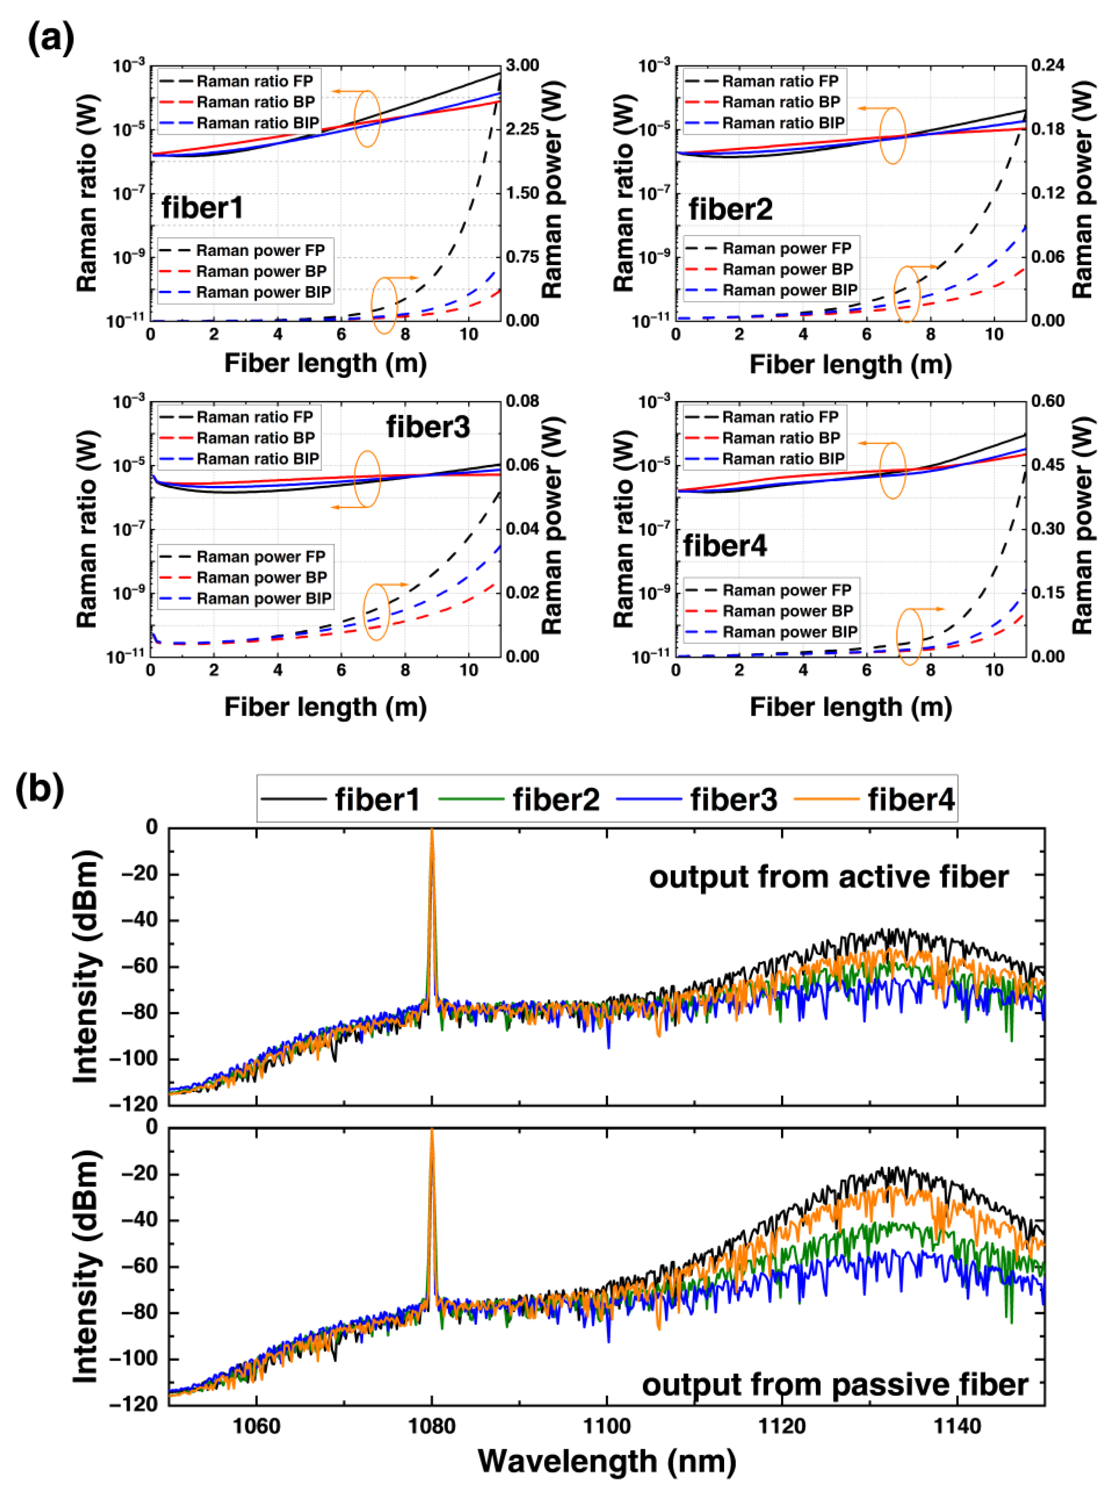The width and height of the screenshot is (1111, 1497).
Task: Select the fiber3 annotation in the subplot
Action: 428,426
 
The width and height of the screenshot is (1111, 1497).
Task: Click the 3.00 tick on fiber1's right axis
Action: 522,65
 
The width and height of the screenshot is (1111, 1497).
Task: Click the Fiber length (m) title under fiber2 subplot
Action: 851,364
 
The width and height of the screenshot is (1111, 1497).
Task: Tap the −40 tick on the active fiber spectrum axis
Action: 139,921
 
